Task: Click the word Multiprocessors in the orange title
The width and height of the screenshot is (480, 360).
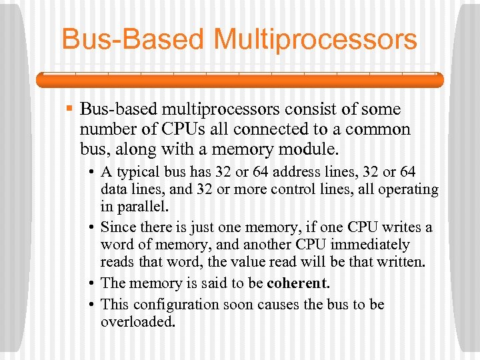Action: click(x=315, y=39)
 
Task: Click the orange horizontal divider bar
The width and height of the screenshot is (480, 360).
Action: click(x=239, y=80)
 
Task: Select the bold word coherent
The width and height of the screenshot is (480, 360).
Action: click(x=298, y=283)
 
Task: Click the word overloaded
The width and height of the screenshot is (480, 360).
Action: click(x=138, y=322)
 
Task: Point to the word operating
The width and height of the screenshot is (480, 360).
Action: click(x=408, y=189)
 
